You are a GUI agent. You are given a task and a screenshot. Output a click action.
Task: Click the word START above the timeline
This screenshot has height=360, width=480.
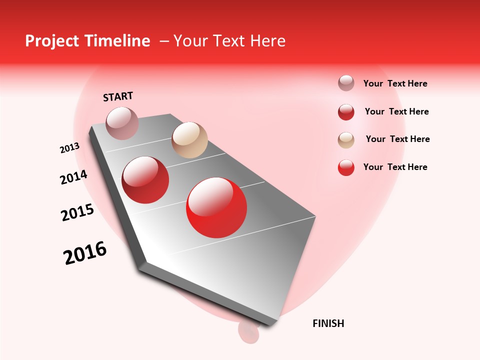click(x=118, y=96)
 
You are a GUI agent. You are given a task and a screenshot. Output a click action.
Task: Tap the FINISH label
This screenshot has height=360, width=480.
click(x=328, y=323)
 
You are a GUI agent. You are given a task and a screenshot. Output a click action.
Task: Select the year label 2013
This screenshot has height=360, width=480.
click(x=69, y=148)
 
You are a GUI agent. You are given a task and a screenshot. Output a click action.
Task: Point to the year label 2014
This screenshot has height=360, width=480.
click(x=73, y=177)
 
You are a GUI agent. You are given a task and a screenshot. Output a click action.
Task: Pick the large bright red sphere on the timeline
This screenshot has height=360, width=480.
click(x=216, y=207)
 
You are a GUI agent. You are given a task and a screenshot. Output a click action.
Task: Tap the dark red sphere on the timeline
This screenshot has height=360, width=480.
click(x=145, y=180)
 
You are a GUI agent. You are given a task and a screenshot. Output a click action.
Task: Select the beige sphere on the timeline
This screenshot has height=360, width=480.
click(x=189, y=140)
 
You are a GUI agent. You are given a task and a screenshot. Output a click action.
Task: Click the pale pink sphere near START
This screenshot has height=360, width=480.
click(x=122, y=123)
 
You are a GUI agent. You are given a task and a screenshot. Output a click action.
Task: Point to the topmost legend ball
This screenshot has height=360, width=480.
click(x=346, y=83)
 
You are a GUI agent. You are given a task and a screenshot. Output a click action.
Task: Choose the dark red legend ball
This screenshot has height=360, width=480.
click(x=346, y=112)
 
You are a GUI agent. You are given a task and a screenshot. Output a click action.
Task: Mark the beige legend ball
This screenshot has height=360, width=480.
click(x=346, y=140)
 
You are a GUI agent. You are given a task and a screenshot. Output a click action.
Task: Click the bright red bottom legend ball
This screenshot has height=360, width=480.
click(x=346, y=167)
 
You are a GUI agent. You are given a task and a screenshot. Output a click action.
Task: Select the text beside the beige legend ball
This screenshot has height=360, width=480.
click(x=397, y=139)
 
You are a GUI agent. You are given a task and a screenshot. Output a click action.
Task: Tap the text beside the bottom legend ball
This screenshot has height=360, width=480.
click(x=395, y=167)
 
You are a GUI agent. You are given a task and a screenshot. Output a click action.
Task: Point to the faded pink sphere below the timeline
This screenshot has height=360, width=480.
click(x=248, y=331)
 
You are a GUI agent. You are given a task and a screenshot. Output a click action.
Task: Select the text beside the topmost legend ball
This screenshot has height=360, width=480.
click(x=395, y=83)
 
